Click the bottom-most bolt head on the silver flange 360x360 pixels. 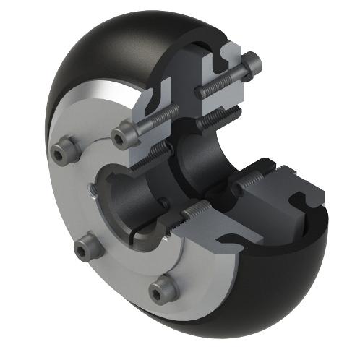[x=163, y=290]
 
